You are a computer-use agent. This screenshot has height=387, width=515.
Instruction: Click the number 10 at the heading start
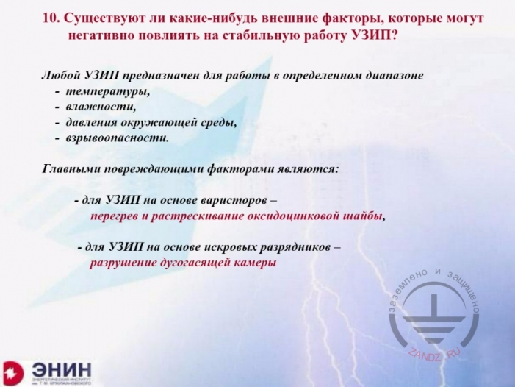point(51,16)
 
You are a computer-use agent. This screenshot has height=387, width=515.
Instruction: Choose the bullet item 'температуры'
point(107,92)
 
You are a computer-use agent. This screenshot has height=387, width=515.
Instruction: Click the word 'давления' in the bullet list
point(90,123)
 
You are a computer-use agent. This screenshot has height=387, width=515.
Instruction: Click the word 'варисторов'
point(240,200)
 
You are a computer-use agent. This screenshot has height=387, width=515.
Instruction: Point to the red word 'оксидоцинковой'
point(302,216)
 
